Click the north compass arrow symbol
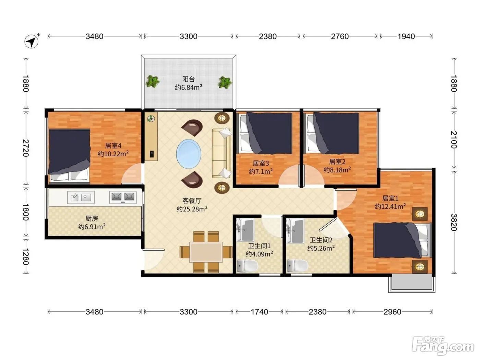tap(32, 41)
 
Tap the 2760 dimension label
tap(340, 36)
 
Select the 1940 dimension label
tap(406, 36)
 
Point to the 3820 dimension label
tap(454, 222)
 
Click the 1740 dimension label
tap(259, 312)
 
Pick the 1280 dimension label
tap(26, 256)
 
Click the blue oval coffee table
tap(189, 154)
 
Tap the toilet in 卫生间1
tap(247, 266)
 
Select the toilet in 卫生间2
tap(297, 266)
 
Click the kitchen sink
tap(81, 197)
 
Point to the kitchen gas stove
tap(123, 197)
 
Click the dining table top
tap(206, 252)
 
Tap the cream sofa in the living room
tap(221, 153)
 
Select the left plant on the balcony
tap(153, 82)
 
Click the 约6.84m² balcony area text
tap(189, 87)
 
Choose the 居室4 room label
tap(113, 145)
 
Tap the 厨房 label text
tap(92, 218)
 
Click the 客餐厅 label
tap(192, 201)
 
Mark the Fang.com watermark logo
tap(443, 346)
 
